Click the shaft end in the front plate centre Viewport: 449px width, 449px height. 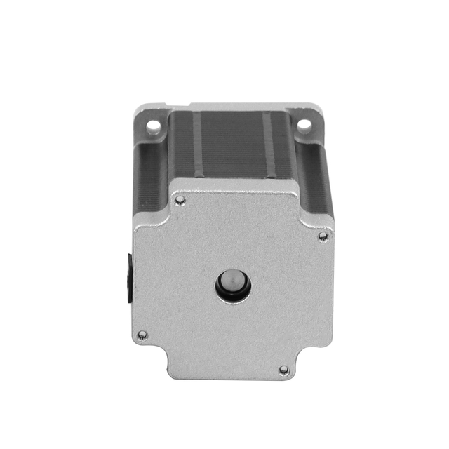(233, 283)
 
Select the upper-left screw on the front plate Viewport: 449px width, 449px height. (180, 201)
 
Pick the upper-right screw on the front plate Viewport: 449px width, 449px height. (323, 236)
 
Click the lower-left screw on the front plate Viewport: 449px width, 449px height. (142, 335)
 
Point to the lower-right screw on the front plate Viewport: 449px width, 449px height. (284, 370)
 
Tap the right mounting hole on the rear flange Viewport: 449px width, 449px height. (304, 125)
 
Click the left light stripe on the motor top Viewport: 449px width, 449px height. (197, 144)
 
